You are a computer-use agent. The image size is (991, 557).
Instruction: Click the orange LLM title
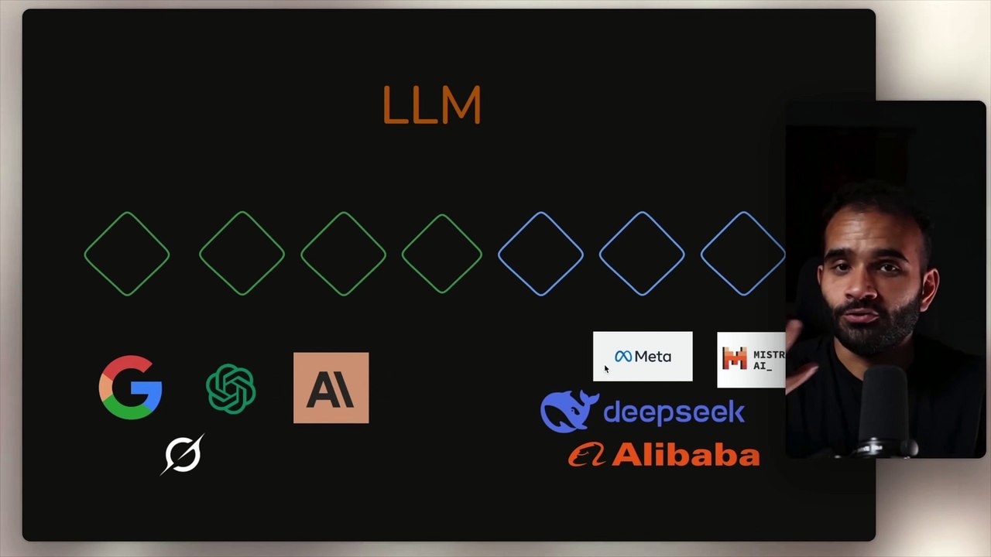(432, 106)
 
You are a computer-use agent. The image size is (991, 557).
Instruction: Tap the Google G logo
(130, 388)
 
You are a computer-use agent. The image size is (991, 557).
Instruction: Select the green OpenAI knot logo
(231, 388)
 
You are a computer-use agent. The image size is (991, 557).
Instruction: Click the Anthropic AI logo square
(331, 388)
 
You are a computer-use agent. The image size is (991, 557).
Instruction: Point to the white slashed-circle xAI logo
(183, 453)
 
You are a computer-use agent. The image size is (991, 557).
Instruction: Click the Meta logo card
(643, 357)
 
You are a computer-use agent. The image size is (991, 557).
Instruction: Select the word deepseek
(674, 412)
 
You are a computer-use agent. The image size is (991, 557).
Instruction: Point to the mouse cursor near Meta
(606, 369)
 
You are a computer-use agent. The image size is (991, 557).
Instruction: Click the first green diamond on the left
(127, 254)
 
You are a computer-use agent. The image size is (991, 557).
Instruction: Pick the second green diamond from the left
(242, 254)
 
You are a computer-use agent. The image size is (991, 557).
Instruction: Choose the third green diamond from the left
(343, 254)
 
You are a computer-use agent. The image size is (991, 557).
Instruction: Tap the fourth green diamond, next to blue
(442, 254)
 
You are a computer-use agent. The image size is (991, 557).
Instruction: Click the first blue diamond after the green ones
(540, 254)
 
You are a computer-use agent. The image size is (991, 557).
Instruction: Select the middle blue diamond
(642, 254)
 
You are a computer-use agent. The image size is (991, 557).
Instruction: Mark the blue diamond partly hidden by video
(742, 254)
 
